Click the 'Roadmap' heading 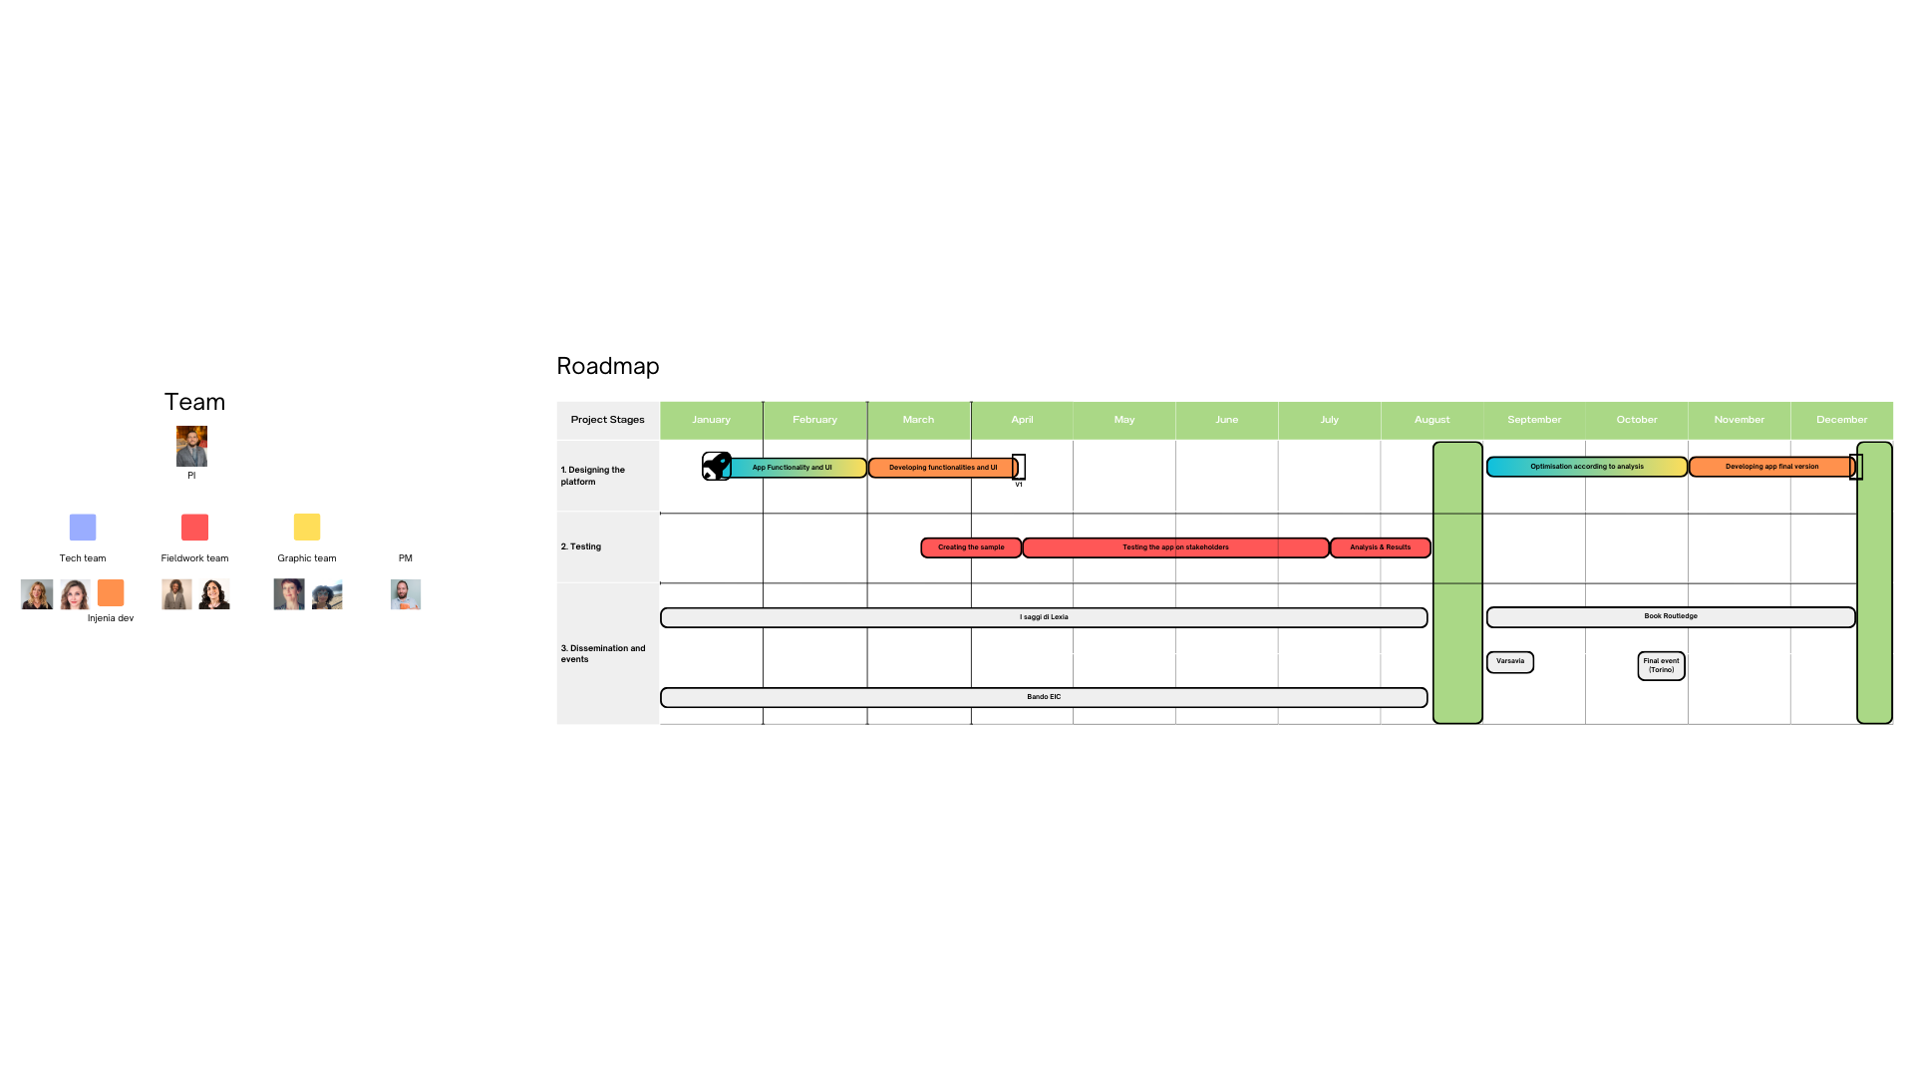click(x=607, y=366)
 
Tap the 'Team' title click(x=194, y=402)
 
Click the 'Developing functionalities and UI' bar click(x=942, y=468)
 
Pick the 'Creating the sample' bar click(x=971, y=547)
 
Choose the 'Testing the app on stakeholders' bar click(x=1175, y=547)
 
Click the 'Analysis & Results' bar click(x=1380, y=547)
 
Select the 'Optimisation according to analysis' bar click(x=1586, y=467)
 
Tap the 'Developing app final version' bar click(x=1770, y=467)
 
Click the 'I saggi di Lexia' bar click(x=1043, y=617)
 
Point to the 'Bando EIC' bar click(x=1043, y=697)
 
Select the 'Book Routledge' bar click(x=1670, y=617)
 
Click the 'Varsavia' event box click(x=1509, y=662)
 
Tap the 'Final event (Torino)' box click(x=1661, y=666)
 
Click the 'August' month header click(x=1432, y=420)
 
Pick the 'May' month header click(x=1123, y=420)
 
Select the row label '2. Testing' click(x=581, y=546)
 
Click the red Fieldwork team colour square click(x=194, y=527)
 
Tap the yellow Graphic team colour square click(x=307, y=527)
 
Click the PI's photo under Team click(x=191, y=446)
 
